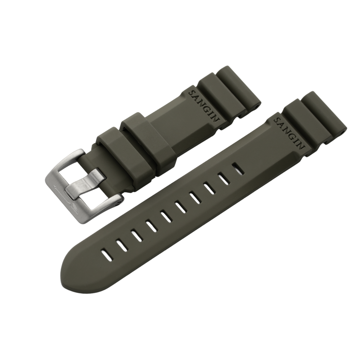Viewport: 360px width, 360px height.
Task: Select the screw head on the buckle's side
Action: [117, 204]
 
